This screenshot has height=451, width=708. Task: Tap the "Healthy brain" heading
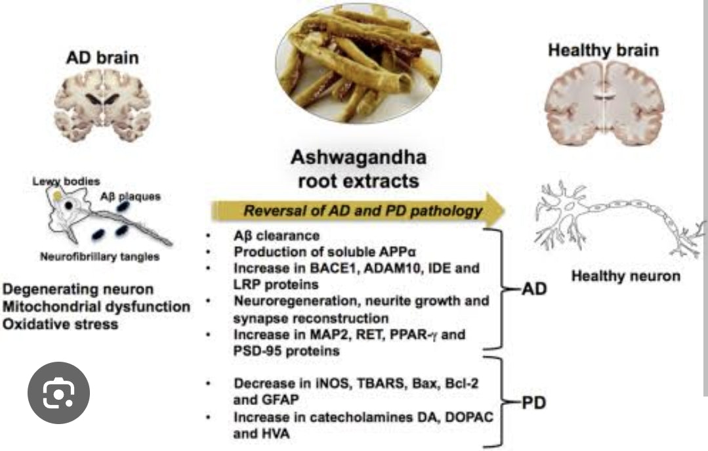pyautogui.click(x=603, y=51)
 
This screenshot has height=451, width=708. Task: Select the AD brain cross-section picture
pyautogui.click(x=103, y=106)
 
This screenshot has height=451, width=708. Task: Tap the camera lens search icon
pyautogui.click(x=58, y=393)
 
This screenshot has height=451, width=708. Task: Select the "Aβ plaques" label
pyautogui.click(x=131, y=196)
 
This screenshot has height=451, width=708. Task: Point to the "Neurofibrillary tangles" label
pyautogui.click(x=99, y=257)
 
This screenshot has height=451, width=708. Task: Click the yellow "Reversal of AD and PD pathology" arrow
pyautogui.click(x=358, y=211)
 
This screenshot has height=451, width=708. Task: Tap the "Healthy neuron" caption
pyautogui.click(x=625, y=276)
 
